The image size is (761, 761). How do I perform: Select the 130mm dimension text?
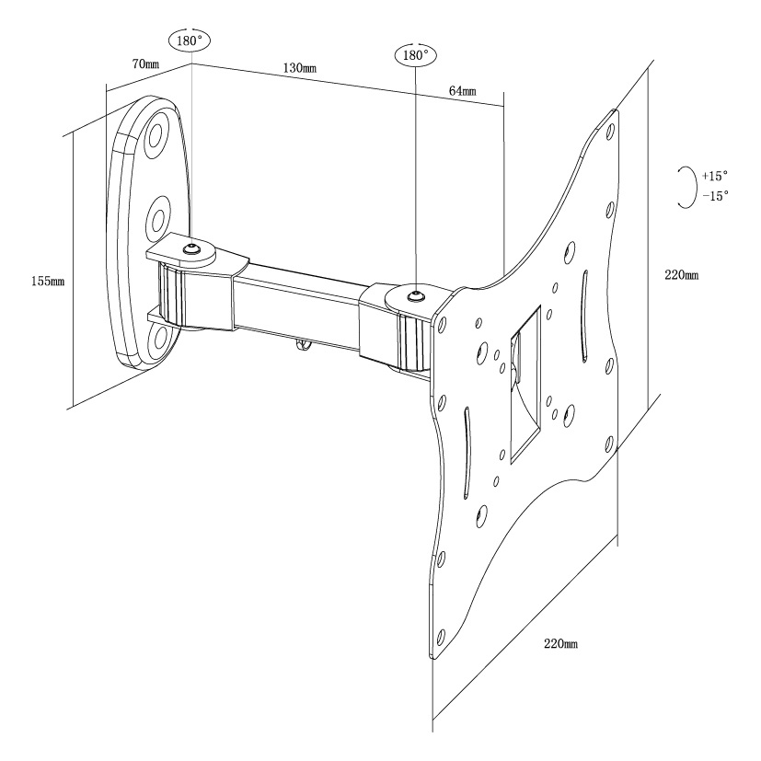[301, 69]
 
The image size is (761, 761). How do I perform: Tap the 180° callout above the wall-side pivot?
[190, 40]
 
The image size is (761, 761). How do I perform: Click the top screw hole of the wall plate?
[155, 134]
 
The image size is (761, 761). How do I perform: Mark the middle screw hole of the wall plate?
[157, 217]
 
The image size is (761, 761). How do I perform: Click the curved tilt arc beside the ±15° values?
[684, 186]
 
